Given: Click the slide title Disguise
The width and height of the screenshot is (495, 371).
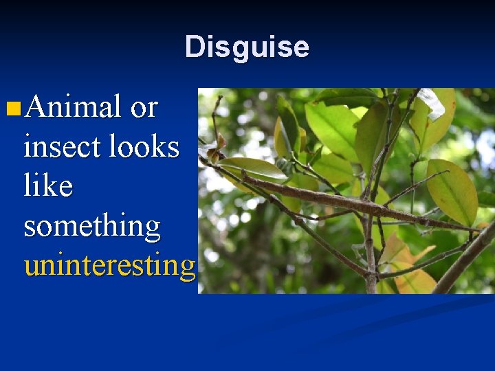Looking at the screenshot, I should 247,47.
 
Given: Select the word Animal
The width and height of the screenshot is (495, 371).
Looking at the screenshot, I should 72,106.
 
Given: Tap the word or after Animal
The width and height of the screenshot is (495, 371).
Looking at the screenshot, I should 144,107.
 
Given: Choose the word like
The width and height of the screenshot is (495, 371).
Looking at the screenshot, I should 48,185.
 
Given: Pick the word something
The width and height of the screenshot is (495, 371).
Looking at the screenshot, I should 92,225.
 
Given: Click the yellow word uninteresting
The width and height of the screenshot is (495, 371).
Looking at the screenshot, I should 110,265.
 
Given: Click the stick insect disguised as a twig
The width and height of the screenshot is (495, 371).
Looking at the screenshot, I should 344,200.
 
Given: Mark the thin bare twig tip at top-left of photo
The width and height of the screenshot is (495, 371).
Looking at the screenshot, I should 217,106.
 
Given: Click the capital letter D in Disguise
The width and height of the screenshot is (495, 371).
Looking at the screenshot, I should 195,47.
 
